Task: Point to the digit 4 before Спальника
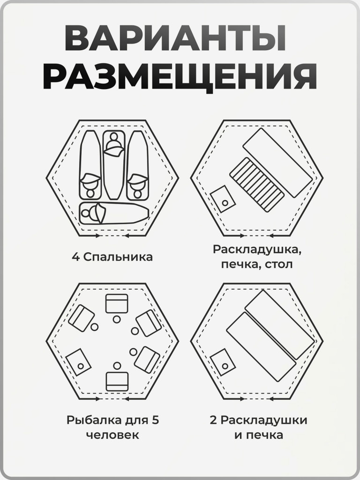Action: click(x=75, y=257)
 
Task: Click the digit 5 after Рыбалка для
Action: click(x=156, y=420)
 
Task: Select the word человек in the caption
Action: click(x=112, y=435)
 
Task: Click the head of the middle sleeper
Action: click(x=113, y=139)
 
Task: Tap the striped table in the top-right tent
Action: click(x=257, y=184)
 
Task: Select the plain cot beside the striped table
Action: click(x=277, y=163)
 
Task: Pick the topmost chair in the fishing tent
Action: click(x=117, y=304)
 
